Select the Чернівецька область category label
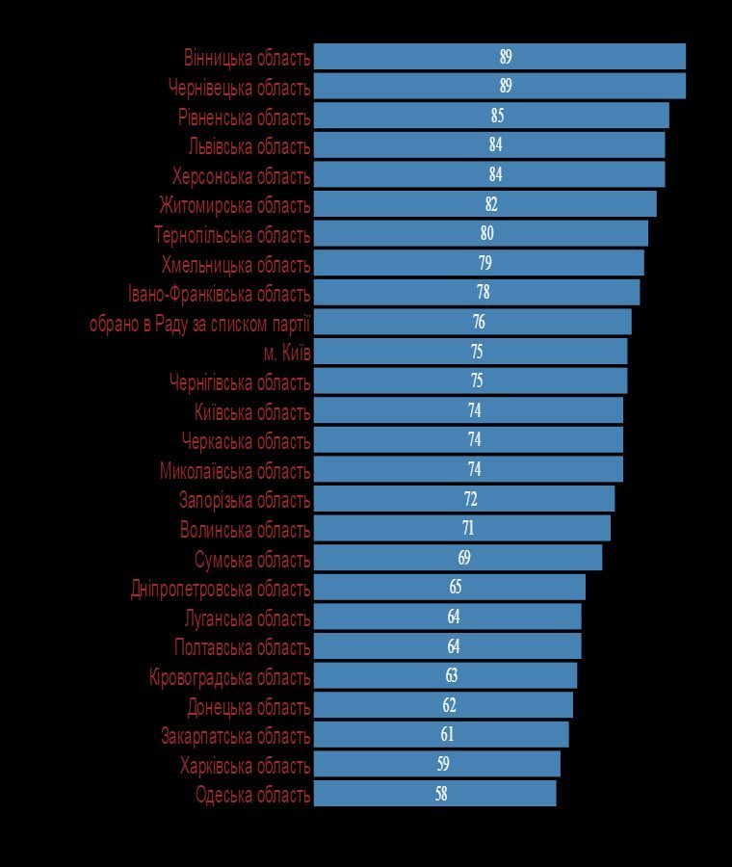pyautogui.click(x=239, y=88)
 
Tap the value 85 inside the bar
pyautogui.click(x=497, y=116)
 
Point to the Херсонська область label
pyautogui.click(x=241, y=176)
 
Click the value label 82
pyautogui.click(x=491, y=204)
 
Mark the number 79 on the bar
pyautogui.click(x=484, y=263)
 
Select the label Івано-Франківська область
pyautogui.click(x=219, y=294)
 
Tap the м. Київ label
pyautogui.click(x=287, y=353)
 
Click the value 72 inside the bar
pyautogui.click(x=470, y=499)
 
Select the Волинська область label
pyautogui.click(x=245, y=530)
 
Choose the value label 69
pyautogui.click(x=464, y=558)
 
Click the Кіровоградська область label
pyautogui.click(x=229, y=677)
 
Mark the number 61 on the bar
pyautogui.click(x=447, y=735)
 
